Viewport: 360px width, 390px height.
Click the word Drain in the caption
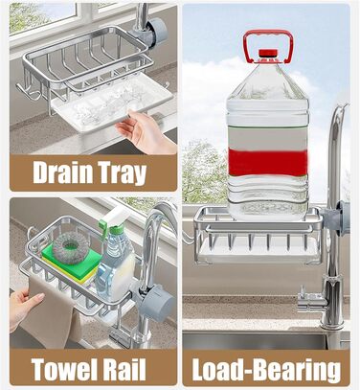62,172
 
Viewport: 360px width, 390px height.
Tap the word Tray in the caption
123,173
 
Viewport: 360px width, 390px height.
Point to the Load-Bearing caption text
266,371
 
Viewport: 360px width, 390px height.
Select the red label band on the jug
268,162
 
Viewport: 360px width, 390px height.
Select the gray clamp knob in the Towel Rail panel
156,303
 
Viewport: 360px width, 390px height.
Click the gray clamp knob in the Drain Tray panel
157,32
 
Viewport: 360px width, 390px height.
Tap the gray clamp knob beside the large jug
342,218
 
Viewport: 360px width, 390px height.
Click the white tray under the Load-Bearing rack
258,251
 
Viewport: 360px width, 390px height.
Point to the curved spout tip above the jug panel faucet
345,106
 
